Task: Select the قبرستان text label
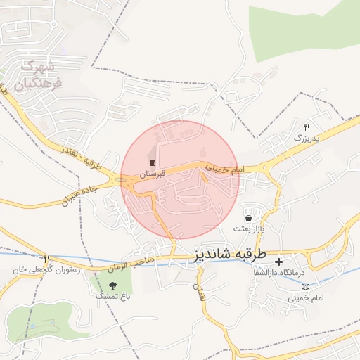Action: pos(152,173)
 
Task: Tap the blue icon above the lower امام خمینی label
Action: pos(306,287)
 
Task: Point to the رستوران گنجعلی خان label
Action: pos(47,269)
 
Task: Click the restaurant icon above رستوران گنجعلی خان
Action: pos(47,259)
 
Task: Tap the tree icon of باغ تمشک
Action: pos(113,285)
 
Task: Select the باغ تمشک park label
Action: pos(113,296)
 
